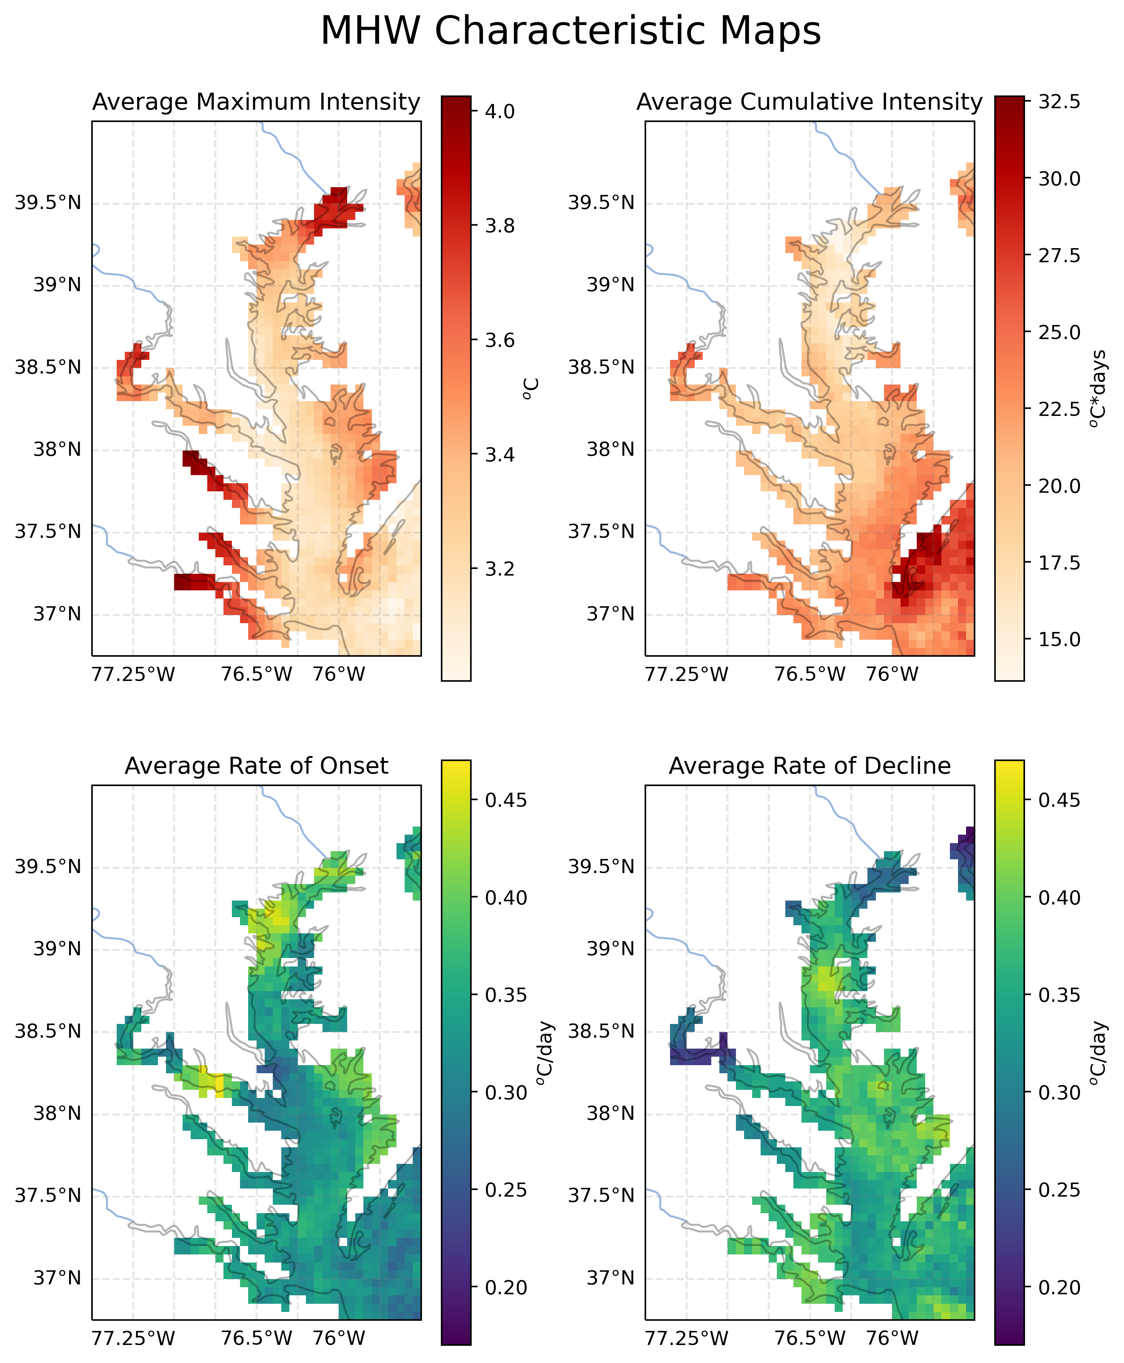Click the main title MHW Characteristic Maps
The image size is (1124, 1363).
click(570, 31)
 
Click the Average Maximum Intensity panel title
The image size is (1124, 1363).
click(256, 102)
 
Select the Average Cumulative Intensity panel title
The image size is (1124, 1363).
click(809, 102)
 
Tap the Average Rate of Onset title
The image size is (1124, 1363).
click(256, 766)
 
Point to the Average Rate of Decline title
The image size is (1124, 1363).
click(809, 766)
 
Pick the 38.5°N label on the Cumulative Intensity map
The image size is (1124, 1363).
click(602, 368)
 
